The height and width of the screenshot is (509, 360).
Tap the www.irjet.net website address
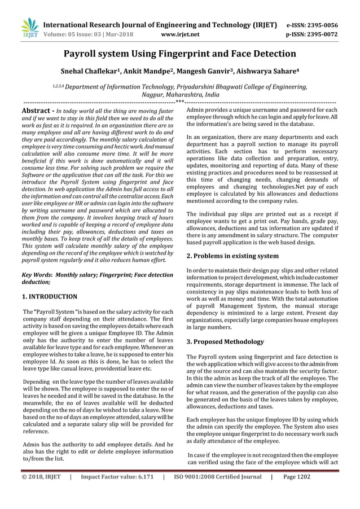180,34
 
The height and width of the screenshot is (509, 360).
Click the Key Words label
36,275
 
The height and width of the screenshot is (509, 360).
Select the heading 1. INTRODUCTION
49,296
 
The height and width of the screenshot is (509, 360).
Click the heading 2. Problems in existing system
232,256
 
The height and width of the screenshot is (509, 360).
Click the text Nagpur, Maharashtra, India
180,96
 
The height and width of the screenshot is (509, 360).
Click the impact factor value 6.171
143,492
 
